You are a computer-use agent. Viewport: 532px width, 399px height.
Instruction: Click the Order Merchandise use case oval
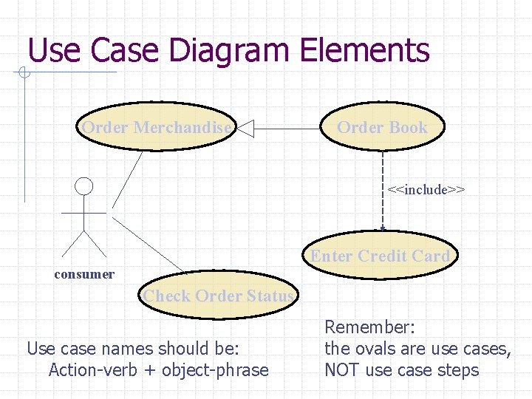pos(156,128)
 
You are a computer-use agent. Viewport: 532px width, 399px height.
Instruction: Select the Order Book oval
pos(382,128)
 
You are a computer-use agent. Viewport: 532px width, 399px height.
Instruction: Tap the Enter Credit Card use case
pos(380,256)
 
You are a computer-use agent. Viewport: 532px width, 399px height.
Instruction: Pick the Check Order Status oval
pos(219,296)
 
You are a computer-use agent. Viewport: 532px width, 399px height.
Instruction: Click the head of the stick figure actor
pos(85,186)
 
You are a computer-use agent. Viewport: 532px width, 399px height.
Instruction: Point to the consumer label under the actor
pos(84,274)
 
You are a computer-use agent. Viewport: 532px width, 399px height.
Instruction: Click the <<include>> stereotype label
pos(426,190)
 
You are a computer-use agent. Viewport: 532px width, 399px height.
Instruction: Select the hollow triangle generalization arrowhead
pos(245,129)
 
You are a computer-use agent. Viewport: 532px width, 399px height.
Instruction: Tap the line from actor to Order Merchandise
pos(126,180)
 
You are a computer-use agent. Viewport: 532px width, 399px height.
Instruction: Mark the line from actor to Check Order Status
pos(147,242)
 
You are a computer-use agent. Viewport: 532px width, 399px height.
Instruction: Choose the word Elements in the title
pos(365,50)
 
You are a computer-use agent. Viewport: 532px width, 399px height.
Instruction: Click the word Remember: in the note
pos(370,327)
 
